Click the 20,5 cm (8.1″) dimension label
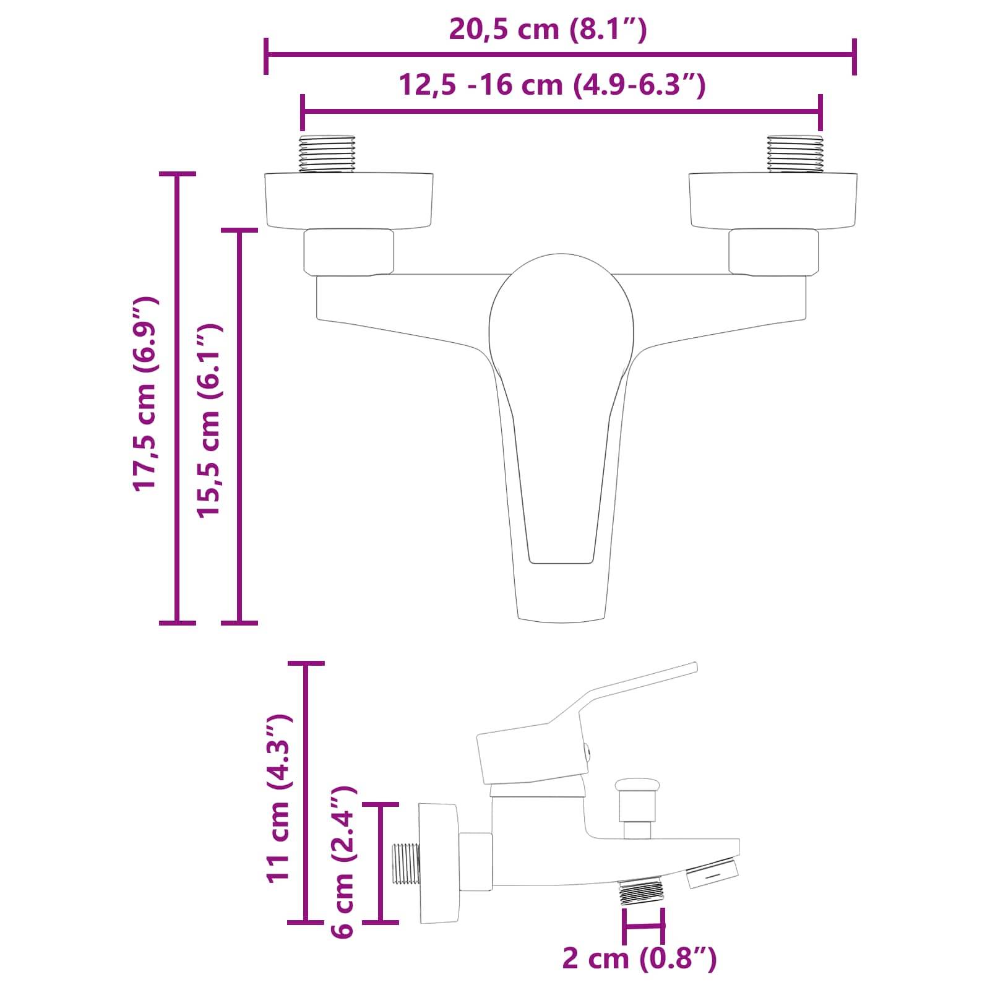(x=548, y=29)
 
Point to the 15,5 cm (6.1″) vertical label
(x=209, y=421)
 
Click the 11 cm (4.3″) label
(x=278, y=799)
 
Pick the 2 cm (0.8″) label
(x=639, y=958)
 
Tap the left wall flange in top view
(x=349, y=200)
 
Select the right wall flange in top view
(x=773, y=200)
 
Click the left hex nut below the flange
(x=348, y=252)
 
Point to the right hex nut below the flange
(x=773, y=252)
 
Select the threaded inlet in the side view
(x=407, y=863)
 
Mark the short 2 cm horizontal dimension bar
(x=644, y=926)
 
